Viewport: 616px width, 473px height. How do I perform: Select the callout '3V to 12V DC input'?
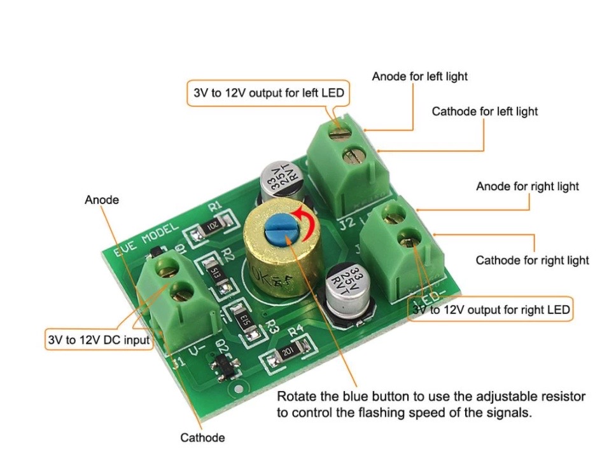pos(99,339)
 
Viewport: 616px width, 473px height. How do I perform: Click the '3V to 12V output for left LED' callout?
pos(268,93)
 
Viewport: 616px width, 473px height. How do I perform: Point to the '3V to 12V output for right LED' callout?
pos(491,310)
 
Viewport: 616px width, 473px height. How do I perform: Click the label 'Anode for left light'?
pos(419,76)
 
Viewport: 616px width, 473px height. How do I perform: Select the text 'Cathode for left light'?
pos(484,111)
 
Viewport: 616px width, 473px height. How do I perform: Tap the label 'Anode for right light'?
pos(528,186)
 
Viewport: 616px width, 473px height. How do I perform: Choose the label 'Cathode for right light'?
pos(532,260)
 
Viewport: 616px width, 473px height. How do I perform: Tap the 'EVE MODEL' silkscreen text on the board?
pos(144,241)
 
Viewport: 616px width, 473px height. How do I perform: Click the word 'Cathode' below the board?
pos(202,437)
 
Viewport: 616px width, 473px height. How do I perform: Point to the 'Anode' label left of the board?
pos(102,200)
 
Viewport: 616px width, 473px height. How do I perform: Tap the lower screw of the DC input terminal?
pos(182,293)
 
